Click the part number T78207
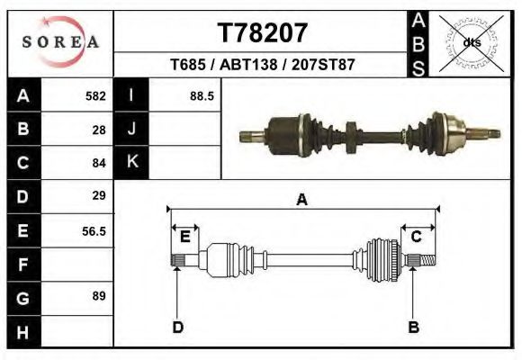(262, 33)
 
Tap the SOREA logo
(60, 42)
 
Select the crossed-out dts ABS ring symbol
(471, 43)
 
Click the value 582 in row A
(95, 96)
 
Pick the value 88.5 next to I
(202, 96)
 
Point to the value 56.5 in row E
(94, 230)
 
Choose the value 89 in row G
(99, 296)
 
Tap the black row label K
(131, 162)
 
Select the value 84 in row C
(99, 163)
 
